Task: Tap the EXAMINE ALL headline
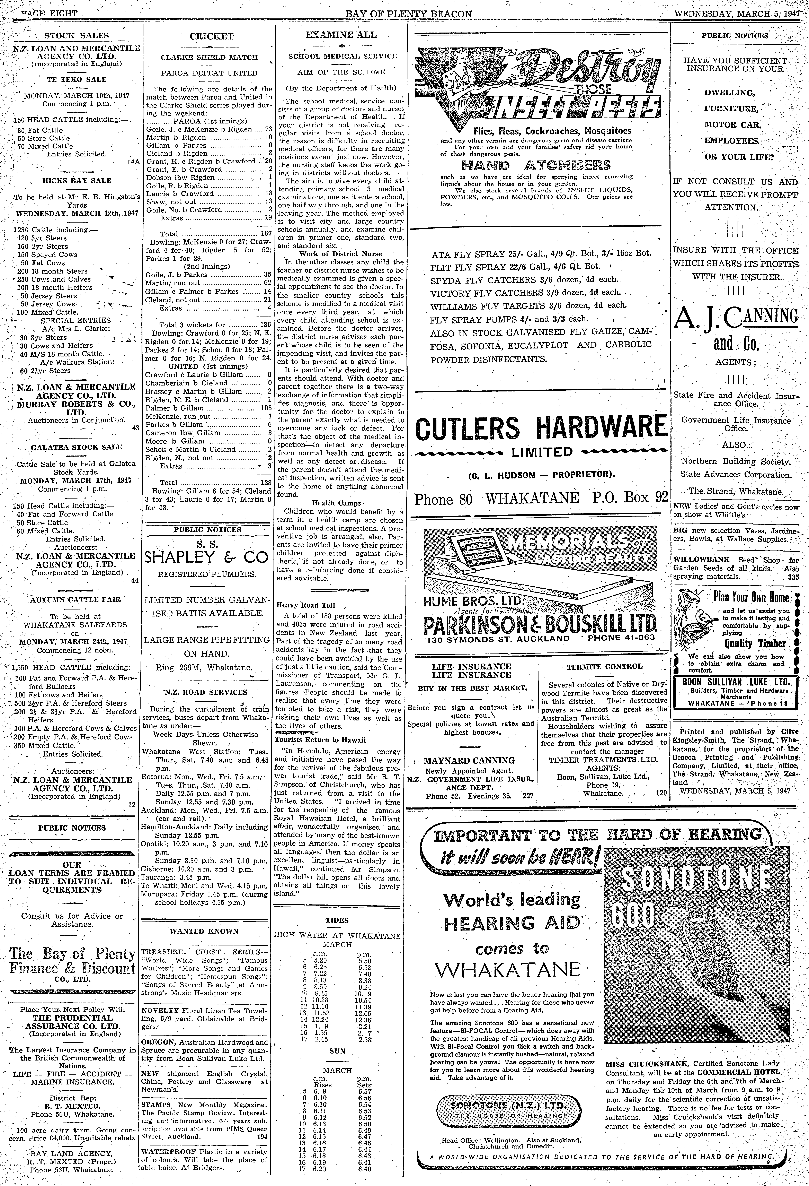pyautogui.click(x=341, y=35)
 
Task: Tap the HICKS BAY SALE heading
pyautogui.click(x=77, y=181)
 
